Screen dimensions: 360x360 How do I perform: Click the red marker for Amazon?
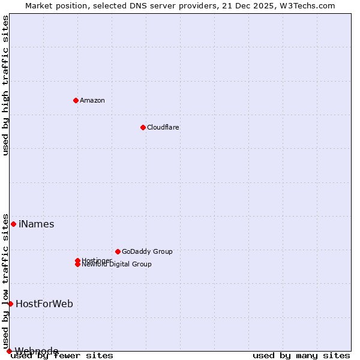(x=76, y=100)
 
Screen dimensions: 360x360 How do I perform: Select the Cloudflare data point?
(x=143, y=127)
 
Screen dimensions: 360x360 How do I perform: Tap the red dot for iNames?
(x=13, y=224)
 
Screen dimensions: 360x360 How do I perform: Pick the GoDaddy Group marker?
(x=118, y=251)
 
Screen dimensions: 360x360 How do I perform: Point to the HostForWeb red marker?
(x=10, y=304)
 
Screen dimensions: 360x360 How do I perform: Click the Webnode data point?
(x=9, y=351)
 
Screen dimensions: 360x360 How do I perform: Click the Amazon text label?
(x=92, y=100)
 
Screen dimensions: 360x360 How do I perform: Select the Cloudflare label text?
(x=163, y=127)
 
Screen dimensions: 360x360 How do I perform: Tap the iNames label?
(x=37, y=224)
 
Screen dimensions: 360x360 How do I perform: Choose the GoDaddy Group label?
(x=147, y=251)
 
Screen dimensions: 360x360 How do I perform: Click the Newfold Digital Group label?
(x=116, y=265)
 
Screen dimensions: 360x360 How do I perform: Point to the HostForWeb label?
(x=44, y=304)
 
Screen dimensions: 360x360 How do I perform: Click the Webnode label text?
(x=37, y=351)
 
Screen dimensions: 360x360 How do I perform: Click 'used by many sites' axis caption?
(x=301, y=356)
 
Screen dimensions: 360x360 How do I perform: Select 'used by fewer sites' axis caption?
(x=62, y=356)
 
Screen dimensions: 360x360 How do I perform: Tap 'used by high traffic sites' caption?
(x=5, y=85)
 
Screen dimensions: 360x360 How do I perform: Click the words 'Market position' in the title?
(x=52, y=5)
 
